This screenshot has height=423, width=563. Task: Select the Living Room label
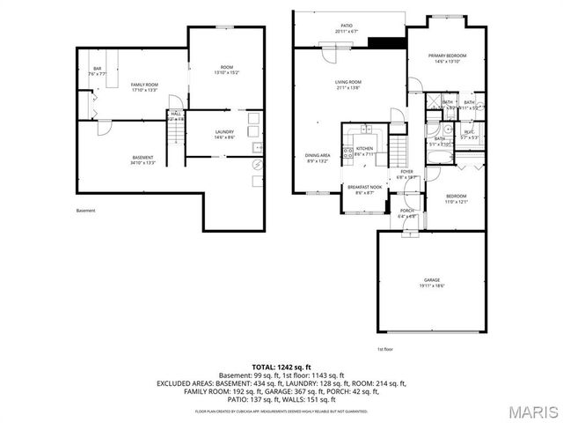click(347, 85)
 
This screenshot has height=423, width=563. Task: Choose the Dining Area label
click(317, 158)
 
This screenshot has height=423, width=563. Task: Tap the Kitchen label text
click(364, 151)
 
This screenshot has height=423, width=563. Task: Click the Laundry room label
click(224, 134)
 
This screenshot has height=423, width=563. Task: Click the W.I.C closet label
click(469, 135)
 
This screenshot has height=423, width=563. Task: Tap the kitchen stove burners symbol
click(347, 154)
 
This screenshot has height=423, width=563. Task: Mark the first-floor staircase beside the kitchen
click(400, 146)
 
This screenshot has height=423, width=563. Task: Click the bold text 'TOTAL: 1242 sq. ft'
click(281, 366)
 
